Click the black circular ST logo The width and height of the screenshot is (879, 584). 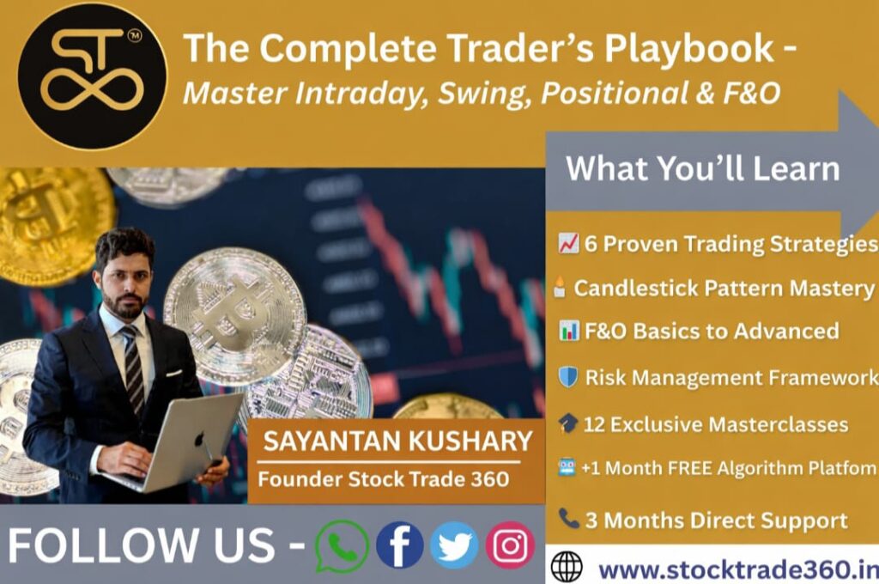tap(93, 76)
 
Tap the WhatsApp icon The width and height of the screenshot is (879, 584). tap(342, 546)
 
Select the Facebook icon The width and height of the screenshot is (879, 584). tap(400, 545)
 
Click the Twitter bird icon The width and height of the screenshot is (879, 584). tap(454, 545)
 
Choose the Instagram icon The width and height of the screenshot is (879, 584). tap(510, 545)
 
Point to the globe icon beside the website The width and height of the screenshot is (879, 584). tap(567, 567)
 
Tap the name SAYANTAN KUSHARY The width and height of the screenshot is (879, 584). tap(397, 441)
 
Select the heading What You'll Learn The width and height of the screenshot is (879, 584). tap(703, 168)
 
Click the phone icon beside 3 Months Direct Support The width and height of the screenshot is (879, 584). tap(569, 519)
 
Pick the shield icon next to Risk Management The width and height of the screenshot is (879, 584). tap(568, 377)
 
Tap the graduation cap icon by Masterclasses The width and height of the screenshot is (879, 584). tap(568, 423)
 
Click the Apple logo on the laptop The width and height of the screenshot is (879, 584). tap(199, 439)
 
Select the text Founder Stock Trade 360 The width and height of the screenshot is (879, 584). tap(384, 479)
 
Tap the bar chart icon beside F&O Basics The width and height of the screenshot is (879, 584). tap(568, 331)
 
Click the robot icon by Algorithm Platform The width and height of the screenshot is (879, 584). tap(567, 467)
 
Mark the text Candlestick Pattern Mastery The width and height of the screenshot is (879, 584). tap(724, 289)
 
